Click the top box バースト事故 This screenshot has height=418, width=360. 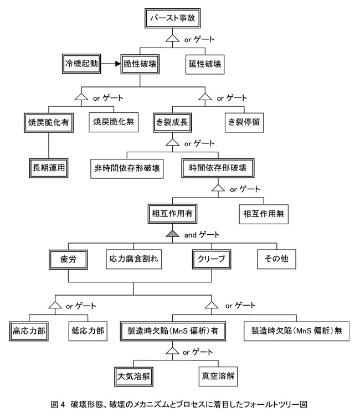[x=172, y=18]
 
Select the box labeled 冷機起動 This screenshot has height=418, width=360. [x=81, y=64]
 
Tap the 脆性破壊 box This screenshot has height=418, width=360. [x=140, y=64]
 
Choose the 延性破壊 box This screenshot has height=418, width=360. [x=205, y=64]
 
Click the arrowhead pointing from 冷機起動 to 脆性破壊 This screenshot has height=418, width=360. [x=118, y=64]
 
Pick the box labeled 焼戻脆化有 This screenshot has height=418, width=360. [x=49, y=122]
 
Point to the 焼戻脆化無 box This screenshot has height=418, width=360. [x=114, y=122]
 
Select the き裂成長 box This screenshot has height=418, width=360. [x=172, y=122]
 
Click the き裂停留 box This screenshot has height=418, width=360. [x=244, y=122]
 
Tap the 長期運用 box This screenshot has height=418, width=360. [x=49, y=168]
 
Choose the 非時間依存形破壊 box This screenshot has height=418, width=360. [x=127, y=168]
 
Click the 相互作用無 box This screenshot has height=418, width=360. [x=264, y=214]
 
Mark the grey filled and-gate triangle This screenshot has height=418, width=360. [x=172, y=234]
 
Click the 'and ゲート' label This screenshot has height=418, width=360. [x=202, y=235]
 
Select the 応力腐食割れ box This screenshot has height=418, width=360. [x=134, y=259]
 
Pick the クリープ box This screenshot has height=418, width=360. [x=212, y=259]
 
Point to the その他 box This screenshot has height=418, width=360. [x=276, y=259]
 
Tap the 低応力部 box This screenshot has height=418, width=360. [x=88, y=331]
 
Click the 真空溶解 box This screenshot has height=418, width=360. [x=218, y=376]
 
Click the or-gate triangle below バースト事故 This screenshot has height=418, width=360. [x=172, y=39]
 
